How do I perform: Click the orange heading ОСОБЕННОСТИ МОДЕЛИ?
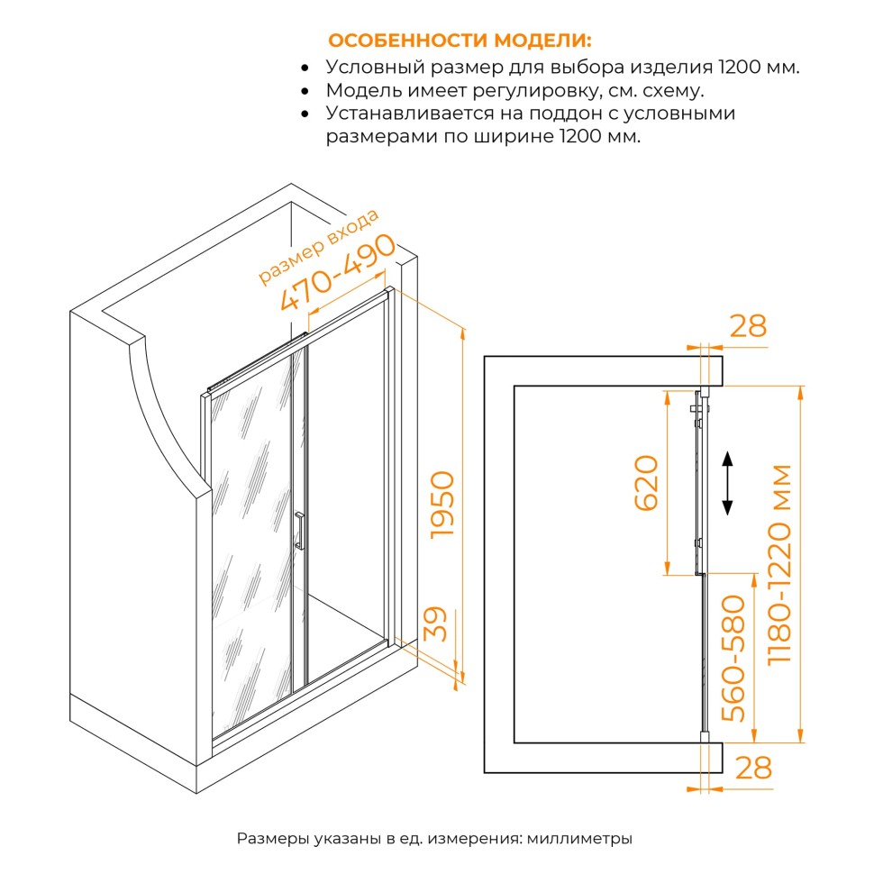coord(460,41)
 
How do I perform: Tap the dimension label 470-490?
coord(339,273)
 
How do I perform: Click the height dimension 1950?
coord(444,505)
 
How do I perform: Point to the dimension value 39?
coord(435,624)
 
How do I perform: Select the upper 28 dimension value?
coord(747,326)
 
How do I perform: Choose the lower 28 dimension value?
coord(753,768)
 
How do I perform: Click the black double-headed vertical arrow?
coord(727,484)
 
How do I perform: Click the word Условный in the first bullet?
coord(366,68)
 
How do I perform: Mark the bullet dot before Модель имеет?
coord(307,92)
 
